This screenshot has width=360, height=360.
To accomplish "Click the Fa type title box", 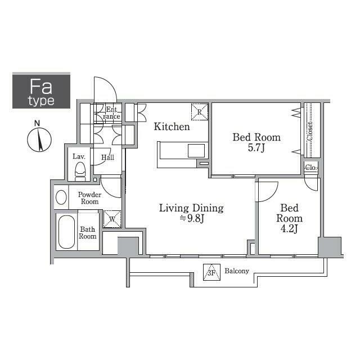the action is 41,91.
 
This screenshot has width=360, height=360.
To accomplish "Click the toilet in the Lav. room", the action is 80,172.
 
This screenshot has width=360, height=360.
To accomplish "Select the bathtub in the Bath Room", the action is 66,232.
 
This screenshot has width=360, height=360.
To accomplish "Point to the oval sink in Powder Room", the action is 61,197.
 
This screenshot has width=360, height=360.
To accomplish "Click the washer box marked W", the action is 112,219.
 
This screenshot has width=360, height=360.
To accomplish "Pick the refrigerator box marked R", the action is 200,112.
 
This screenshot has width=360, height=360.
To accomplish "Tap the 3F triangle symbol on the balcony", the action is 211,272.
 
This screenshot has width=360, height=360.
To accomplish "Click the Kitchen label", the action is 172,127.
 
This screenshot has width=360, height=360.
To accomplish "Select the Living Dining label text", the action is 191,208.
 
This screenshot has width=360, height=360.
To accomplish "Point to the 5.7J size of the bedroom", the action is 256,147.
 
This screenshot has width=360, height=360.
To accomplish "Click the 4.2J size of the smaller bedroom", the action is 289,229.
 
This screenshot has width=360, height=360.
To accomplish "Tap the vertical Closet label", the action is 310,131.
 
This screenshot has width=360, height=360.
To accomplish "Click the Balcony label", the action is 237,271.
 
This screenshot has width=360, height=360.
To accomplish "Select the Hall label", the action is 107,157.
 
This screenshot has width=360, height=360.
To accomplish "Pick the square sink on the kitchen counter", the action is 196,151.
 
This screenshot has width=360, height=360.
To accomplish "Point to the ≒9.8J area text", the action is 192,218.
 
